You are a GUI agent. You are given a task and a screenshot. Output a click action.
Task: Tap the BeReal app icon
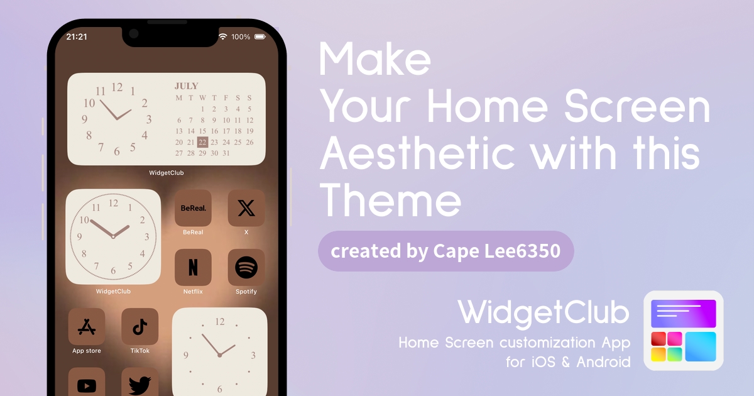pyautogui.click(x=193, y=208)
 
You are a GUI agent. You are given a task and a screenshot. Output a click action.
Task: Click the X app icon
pyautogui.click(x=246, y=208)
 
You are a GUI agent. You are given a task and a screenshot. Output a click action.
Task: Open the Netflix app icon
pyautogui.click(x=193, y=267)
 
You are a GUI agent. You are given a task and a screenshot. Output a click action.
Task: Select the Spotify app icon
pyautogui.click(x=246, y=267)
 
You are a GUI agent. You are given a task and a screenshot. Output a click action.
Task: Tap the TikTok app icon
pyautogui.click(x=139, y=326)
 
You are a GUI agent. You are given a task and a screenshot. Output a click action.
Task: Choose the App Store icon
pyautogui.click(x=87, y=326)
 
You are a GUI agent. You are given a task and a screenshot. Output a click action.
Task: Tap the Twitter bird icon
pyautogui.click(x=139, y=384)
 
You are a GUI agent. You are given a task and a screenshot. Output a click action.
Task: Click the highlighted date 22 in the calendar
pyautogui.click(x=202, y=142)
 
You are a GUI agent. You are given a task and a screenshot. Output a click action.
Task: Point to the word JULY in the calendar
pyautogui.click(x=186, y=86)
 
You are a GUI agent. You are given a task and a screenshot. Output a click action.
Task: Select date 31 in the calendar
pyautogui.click(x=226, y=153)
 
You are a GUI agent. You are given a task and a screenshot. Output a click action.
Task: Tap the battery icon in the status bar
pyautogui.click(x=260, y=36)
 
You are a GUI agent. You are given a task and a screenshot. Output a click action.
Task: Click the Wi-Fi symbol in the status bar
pyautogui.click(x=222, y=36)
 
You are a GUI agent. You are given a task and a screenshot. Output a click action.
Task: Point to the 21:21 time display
pyautogui.click(x=77, y=36)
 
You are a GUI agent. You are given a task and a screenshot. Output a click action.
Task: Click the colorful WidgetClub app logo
pyautogui.click(x=684, y=331)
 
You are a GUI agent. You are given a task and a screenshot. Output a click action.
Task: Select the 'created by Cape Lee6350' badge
pyautogui.click(x=445, y=251)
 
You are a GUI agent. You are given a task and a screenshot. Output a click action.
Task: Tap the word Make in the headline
pyautogui.click(x=375, y=59)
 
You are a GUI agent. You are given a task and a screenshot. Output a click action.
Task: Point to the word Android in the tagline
pyautogui.click(x=604, y=362)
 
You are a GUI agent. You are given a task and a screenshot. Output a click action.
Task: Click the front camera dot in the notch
pyautogui.click(x=134, y=34)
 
